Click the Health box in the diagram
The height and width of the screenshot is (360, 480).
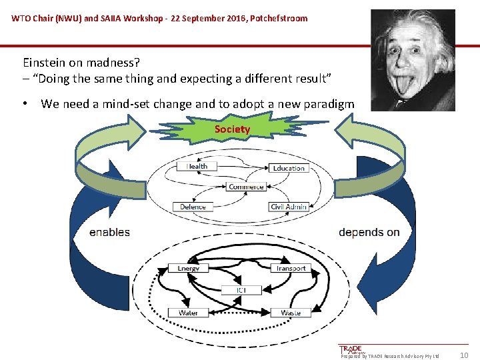[x=197, y=166]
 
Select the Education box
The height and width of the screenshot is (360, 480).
[x=289, y=167]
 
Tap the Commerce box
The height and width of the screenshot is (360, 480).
[x=246, y=187]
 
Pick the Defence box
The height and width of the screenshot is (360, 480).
[x=193, y=207]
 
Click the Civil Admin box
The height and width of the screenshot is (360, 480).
[x=288, y=207]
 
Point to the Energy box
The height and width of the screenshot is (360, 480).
[x=188, y=268]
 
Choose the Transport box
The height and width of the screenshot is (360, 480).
[x=291, y=268]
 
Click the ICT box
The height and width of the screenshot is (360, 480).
[x=241, y=290]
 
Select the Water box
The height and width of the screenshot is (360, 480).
[x=188, y=312]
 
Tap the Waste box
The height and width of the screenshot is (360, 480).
[x=291, y=312]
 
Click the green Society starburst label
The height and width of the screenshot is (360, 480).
[x=232, y=129]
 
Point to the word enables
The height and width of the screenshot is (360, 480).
[x=109, y=232]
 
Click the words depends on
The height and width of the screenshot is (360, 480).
[x=369, y=232]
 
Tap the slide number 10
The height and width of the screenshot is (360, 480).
[x=464, y=355]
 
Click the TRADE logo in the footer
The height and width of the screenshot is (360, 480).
[x=351, y=350]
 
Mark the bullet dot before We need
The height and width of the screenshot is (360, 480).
[x=24, y=104]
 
